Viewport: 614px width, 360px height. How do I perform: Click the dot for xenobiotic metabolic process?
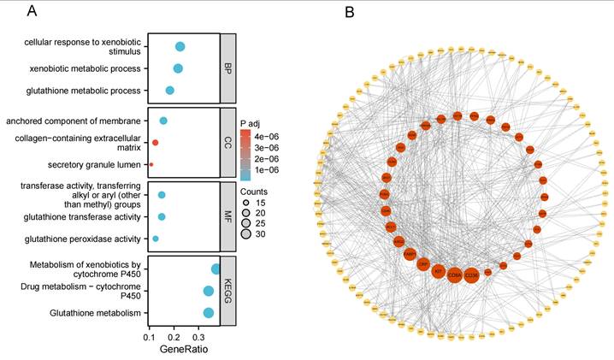point(178,68)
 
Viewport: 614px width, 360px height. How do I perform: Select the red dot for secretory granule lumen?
point(151,164)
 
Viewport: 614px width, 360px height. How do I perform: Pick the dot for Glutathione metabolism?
point(209,313)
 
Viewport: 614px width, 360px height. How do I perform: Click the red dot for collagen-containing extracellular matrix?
point(156,142)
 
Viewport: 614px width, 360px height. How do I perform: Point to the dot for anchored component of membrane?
point(163,121)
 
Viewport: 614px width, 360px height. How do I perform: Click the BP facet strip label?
point(227,68)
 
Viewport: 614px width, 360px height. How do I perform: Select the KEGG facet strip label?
point(227,291)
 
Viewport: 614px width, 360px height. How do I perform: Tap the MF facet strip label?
point(227,216)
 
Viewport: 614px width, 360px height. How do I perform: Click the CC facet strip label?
point(227,142)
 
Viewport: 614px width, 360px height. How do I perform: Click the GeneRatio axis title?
point(184,350)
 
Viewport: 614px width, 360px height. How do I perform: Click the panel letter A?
point(32,11)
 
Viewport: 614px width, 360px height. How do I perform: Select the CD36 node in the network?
point(471,275)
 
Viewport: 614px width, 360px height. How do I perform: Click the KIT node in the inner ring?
point(438,272)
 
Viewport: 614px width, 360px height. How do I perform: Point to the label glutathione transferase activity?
point(84,217)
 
